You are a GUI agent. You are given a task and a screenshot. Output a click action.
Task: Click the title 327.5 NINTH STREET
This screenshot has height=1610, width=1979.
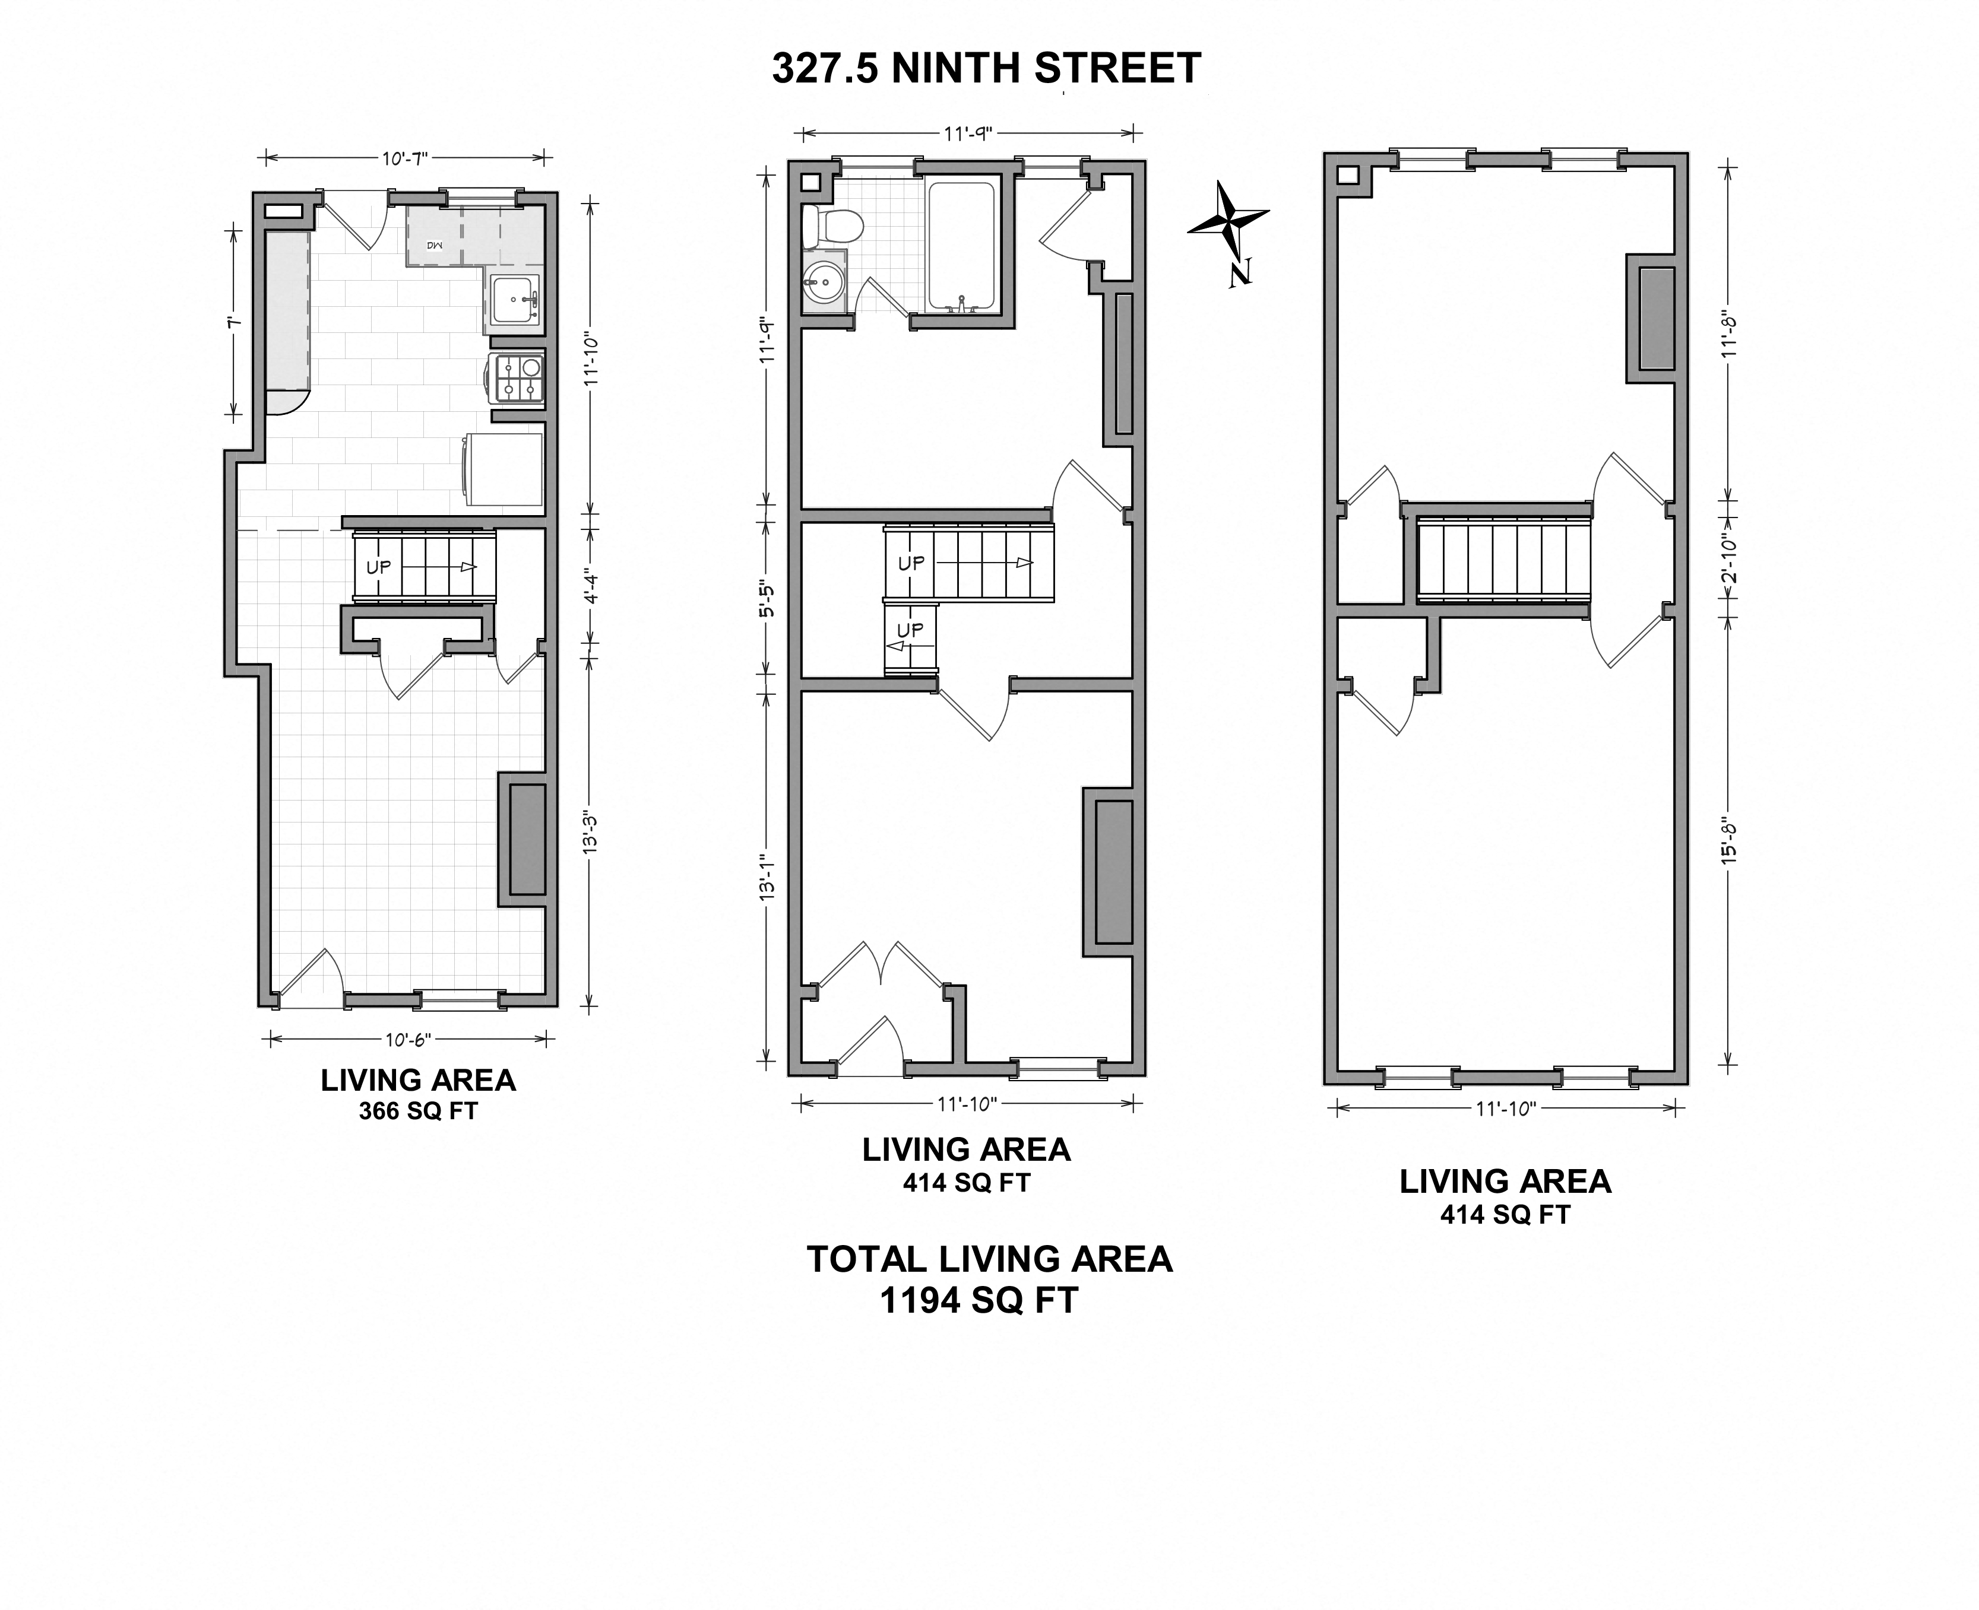[986, 69]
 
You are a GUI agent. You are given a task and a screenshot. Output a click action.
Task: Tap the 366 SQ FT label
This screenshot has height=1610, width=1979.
[419, 1110]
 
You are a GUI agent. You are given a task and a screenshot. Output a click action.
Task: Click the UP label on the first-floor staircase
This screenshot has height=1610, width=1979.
[379, 567]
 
